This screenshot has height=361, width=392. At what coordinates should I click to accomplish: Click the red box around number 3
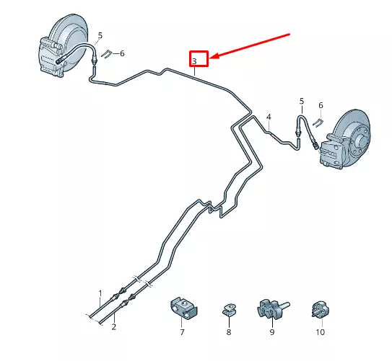tap(198, 59)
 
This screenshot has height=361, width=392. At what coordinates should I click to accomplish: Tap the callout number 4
tap(269, 117)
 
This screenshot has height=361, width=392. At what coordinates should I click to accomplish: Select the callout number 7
tap(182, 332)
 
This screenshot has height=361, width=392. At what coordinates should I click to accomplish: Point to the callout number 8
tap(228, 332)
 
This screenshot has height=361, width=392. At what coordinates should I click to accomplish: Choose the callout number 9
tap(271, 332)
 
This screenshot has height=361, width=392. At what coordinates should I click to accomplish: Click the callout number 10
tap(320, 332)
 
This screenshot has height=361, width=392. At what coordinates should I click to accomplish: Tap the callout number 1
tap(100, 292)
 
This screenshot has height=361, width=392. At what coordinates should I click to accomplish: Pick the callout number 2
tap(113, 327)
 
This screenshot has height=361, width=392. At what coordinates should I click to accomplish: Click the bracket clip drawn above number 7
tap(182, 308)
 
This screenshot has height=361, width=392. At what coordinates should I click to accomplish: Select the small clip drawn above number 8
tap(227, 311)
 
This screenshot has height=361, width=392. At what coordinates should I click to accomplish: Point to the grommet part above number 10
tap(318, 310)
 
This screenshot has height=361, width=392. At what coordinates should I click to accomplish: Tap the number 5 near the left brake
tap(100, 35)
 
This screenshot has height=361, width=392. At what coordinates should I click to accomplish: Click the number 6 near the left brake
tap(122, 53)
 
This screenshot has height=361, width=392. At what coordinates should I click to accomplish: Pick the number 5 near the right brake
tap(301, 101)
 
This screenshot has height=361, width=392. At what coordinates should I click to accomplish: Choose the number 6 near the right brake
tap(321, 105)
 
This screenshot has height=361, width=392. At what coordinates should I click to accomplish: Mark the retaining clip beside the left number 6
tap(107, 53)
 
